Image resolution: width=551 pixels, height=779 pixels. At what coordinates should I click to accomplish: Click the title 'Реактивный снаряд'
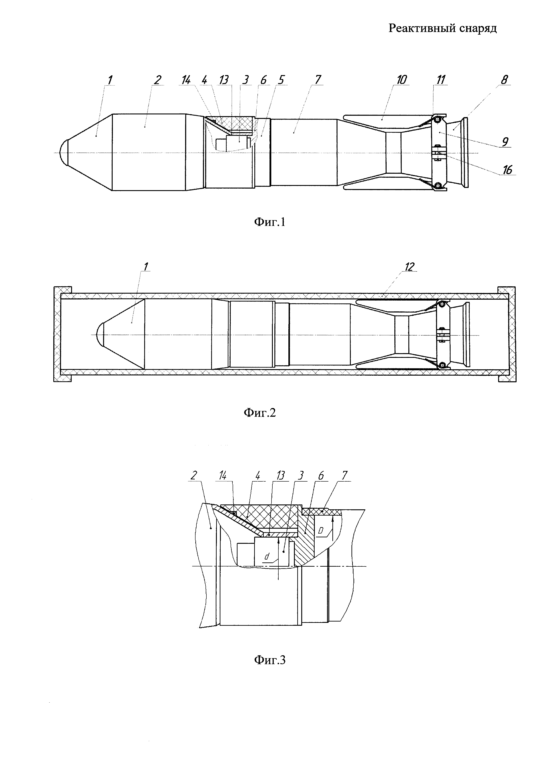click(x=442, y=28)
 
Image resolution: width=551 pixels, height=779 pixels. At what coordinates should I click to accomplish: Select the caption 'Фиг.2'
click(x=260, y=413)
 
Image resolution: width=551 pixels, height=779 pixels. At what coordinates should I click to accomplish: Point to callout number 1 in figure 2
click(x=146, y=267)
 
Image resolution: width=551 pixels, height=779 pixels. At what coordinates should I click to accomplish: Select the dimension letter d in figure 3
click(x=267, y=556)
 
